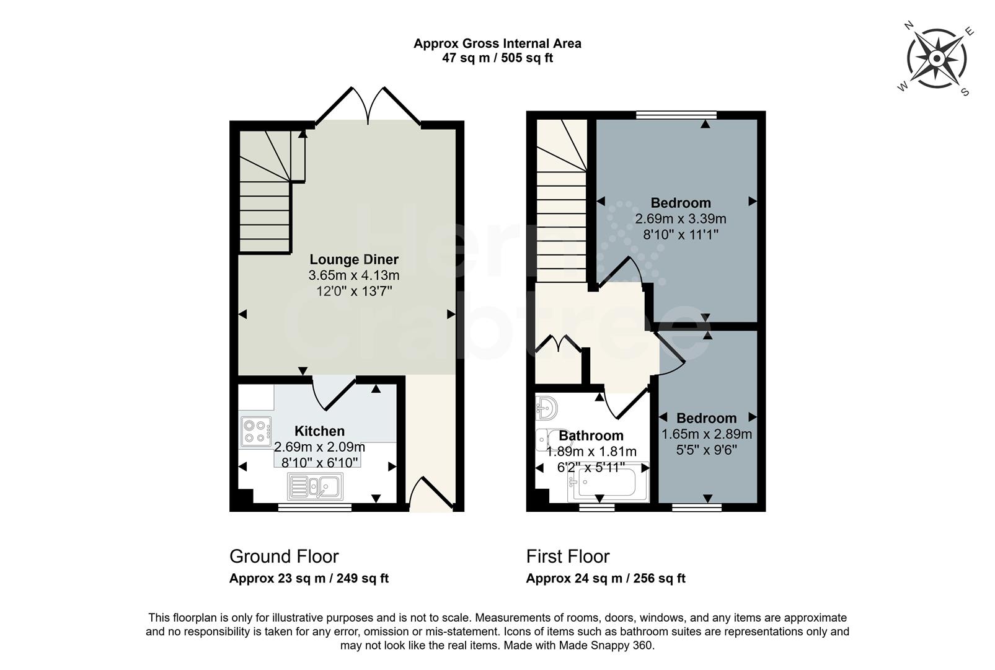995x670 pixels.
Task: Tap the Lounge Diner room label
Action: click(x=354, y=259)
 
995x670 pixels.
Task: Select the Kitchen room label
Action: click(x=319, y=431)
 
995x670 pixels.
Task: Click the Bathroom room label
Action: click(x=591, y=435)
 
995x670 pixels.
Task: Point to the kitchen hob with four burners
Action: click(x=256, y=431)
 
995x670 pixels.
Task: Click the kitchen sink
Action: click(x=316, y=486)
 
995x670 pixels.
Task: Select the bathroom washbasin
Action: click(x=547, y=408)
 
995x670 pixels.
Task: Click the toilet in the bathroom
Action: click(x=544, y=440)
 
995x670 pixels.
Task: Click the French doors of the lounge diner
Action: click(x=368, y=106)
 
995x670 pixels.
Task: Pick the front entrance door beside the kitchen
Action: click(x=431, y=493)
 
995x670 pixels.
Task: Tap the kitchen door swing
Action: click(x=334, y=393)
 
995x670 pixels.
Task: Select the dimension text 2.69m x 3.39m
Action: click(x=681, y=219)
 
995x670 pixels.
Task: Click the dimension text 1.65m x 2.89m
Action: click(x=707, y=434)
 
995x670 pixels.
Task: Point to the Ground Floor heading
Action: click(x=284, y=556)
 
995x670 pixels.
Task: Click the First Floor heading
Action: click(x=568, y=556)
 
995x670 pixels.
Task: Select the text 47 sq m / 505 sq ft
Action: click(x=497, y=58)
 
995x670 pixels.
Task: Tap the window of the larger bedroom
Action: click(x=676, y=115)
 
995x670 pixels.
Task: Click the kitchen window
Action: click(x=315, y=507)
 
